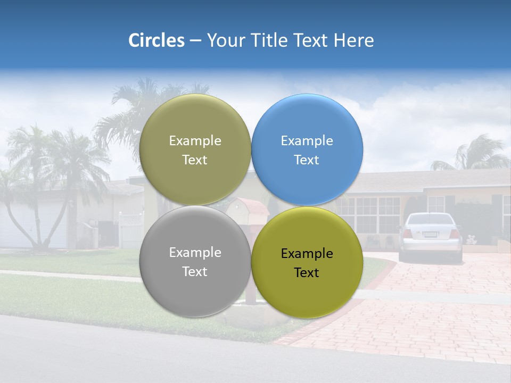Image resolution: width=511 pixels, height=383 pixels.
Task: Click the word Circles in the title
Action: (x=156, y=40)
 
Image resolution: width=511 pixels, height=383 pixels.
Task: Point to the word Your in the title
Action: (x=225, y=40)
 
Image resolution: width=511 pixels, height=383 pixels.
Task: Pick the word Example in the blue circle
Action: (x=307, y=141)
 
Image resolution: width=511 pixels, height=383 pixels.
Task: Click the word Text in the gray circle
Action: (x=195, y=271)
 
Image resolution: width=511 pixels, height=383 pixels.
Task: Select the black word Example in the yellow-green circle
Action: (x=307, y=254)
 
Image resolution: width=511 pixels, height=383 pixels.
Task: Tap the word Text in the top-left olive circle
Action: (x=195, y=160)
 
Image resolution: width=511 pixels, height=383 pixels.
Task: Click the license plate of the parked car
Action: (x=430, y=235)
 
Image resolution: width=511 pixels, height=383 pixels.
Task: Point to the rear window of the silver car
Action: (x=430, y=219)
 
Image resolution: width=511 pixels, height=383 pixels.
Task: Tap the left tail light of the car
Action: (x=407, y=234)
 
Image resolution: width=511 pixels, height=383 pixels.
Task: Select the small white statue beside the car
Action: (x=471, y=239)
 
